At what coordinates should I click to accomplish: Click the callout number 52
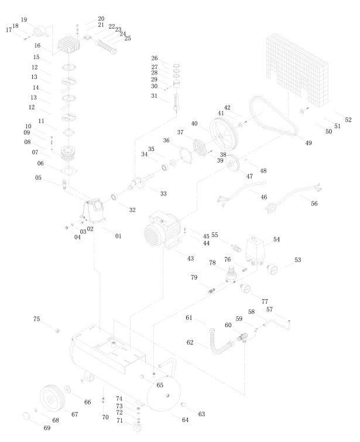coord(348,119)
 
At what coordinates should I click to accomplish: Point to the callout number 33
coord(163,193)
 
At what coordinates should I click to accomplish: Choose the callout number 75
coord(36,319)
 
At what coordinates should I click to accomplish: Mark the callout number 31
coord(155,96)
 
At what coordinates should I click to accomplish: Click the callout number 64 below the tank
coord(185,420)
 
